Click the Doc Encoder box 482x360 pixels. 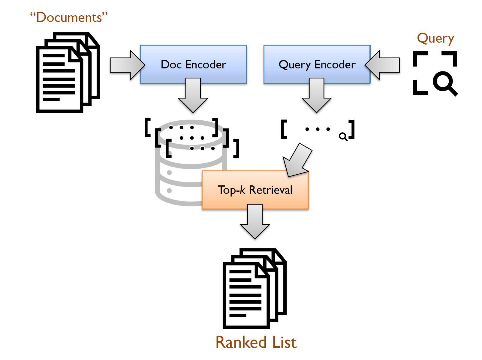(x=193, y=64)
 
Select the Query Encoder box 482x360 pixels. (x=317, y=64)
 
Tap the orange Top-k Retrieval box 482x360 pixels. (x=255, y=190)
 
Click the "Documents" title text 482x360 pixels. (x=69, y=17)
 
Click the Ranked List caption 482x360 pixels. (x=256, y=342)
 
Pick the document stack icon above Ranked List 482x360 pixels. (x=255, y=288)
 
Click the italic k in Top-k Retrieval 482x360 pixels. (x=243, y=190)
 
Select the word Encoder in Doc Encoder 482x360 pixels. (x=206, y=64)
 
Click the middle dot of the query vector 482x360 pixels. (x=318, y=129)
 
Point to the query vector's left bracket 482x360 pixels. (x=284, y=129)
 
